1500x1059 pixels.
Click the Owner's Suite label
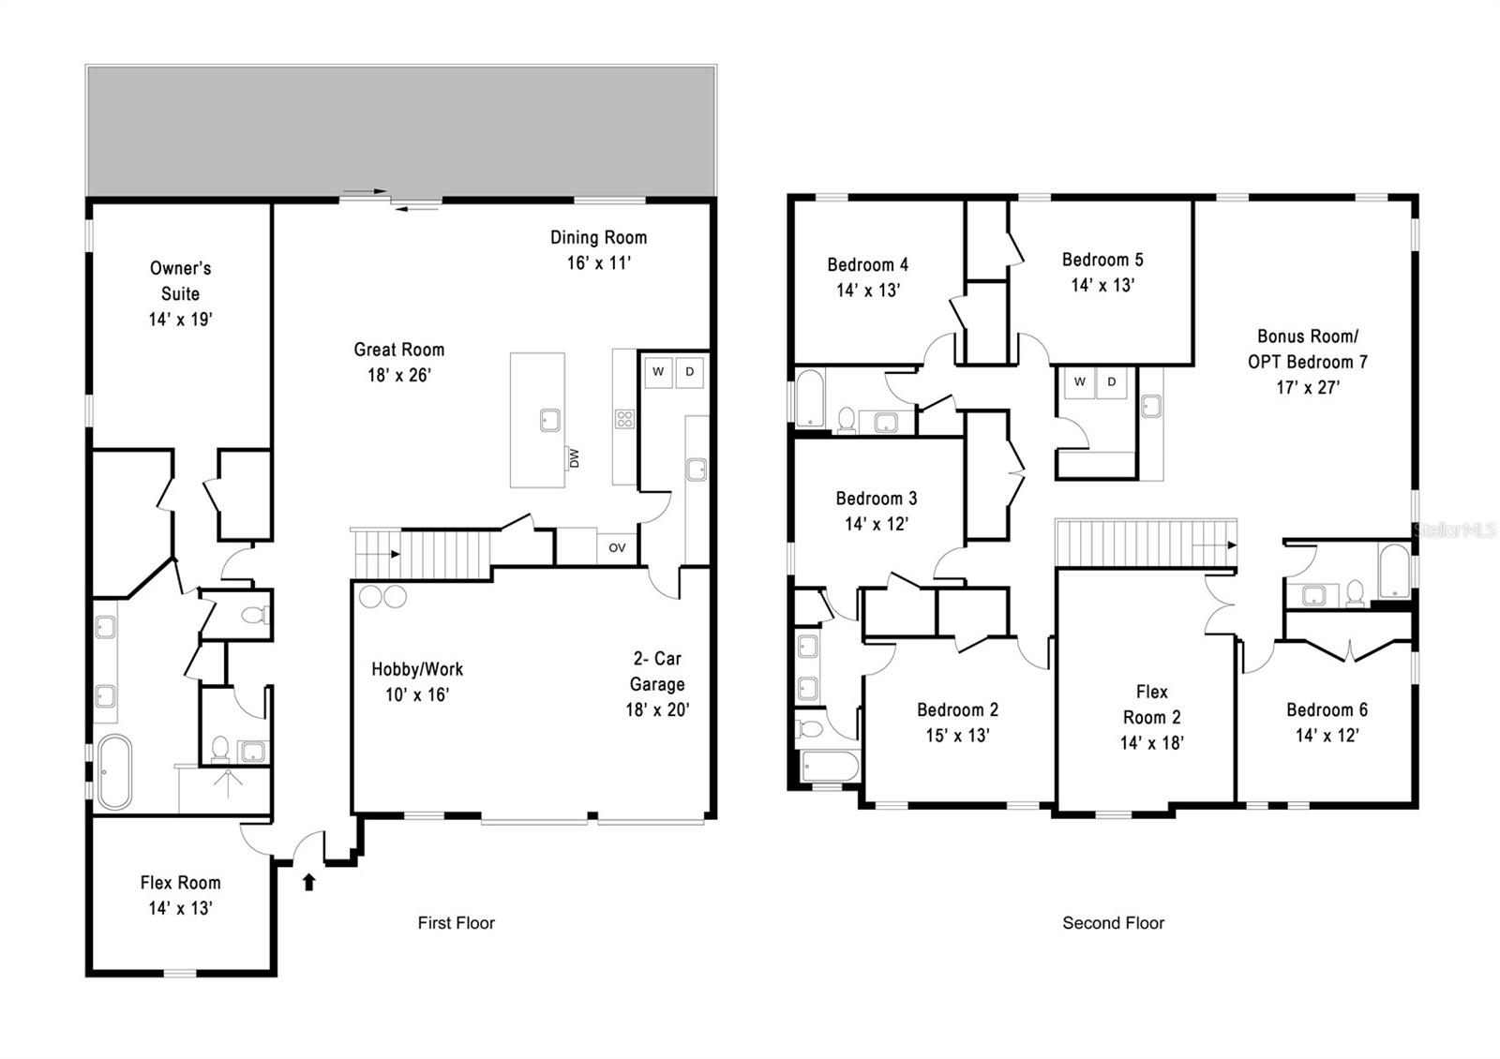[180, 280]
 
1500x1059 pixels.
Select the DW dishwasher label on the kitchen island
[574, 458]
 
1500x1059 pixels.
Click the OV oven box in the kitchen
[617, 548]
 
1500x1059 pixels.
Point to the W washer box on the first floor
[658, 372]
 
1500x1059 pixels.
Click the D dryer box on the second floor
[1112, 382]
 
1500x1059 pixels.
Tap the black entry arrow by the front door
[309, 881]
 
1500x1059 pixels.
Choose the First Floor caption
[456, 923]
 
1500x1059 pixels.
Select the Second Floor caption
[1113, 923]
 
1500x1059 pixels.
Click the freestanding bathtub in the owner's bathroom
[114, 771]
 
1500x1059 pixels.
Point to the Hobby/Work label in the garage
[417, 669]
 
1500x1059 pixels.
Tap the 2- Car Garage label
[656, 671]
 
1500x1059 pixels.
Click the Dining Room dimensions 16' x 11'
[598, 263]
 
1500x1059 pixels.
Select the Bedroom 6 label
[1327, 709]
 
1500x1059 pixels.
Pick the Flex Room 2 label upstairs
[1151, 705]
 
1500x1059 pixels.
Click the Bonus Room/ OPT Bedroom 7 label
[1307, 349]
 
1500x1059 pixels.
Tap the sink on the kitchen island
[550, 421]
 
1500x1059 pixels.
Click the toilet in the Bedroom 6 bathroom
[1354, 592]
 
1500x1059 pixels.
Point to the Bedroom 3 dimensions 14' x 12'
[876, 524]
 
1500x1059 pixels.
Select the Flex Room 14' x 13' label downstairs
[180, 895]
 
